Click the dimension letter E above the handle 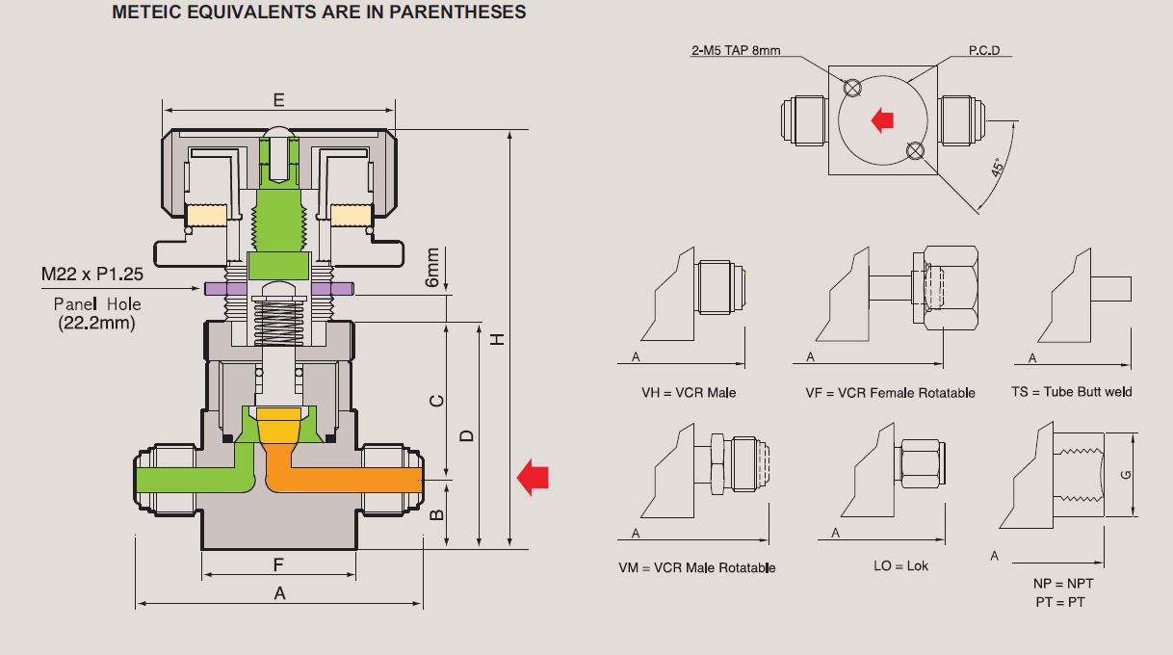coord(278,99)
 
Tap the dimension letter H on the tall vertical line coord(498,339)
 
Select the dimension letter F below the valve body coord(278,564)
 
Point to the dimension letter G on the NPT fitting coord(1126,475)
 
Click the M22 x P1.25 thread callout coord(92,274)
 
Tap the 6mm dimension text coord(432,267)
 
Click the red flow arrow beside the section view coord(533,477)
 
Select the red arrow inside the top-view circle coord(882,120)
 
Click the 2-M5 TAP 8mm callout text coord(736,51)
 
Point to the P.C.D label coord(984,50)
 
